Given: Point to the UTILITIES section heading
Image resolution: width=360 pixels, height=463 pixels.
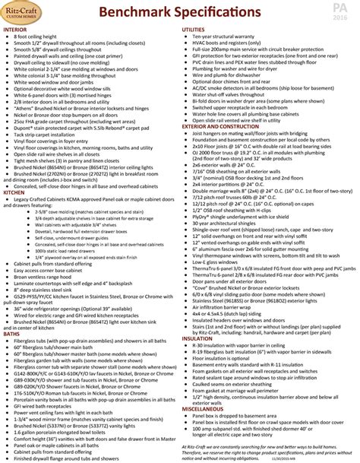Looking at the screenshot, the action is click(x=194, y=29).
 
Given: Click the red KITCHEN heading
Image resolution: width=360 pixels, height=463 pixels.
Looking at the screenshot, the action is click(x=15, y=194).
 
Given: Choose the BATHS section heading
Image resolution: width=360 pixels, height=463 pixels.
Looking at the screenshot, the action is click(x=12, y=312).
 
